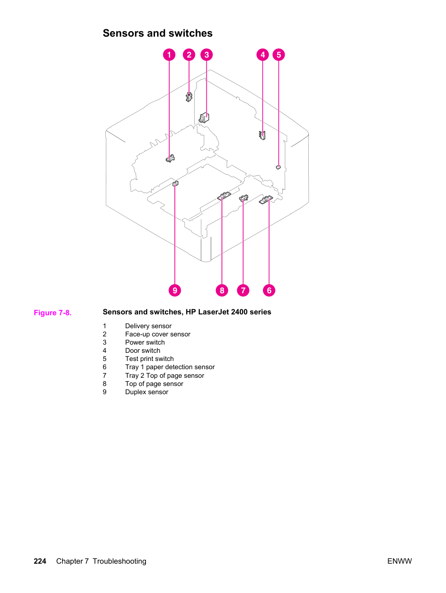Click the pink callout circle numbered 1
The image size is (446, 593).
pyautogui.click(x=169, y=55)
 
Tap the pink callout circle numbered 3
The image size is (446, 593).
pyautogui.click(x=207, y=55)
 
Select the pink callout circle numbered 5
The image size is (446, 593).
pyautogui.click(x=278, y=55)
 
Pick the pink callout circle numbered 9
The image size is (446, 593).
pyautogui.click(x=175, y=290)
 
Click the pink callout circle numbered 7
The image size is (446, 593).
pyautogui.click(x=243, y=290)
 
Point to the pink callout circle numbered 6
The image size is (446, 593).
pyautogui.click(x=269, y=290)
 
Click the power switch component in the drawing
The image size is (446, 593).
pyautogui.click(x=204, y=118)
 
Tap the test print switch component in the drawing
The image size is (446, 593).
pyautogui.click(x=278, y=167)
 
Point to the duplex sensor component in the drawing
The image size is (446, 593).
pyautogui.click(x=175, y=183)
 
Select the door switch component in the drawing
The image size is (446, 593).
pyautogui.click(x=262, y=135)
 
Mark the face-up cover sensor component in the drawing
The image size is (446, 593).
pyautogui.click(x=189, y=97)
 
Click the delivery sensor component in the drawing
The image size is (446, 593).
pyautogui.click(x=170, y=159)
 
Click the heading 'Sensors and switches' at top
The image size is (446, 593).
pyautogui.click(x=158, y=33)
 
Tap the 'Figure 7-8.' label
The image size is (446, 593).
pyautogui.click(x=53, y=313)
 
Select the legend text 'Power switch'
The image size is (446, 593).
pyautogui.click(x=145, y=342)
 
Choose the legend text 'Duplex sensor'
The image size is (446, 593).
pyautogui.click(x=147, y=392)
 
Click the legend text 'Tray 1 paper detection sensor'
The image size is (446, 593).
pyautogui.click(x=170, y=367)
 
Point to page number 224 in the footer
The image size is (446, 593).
pyautogui.click(x=40, y=561)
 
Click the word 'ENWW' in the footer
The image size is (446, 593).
pyautogui.click(x=399, y=561)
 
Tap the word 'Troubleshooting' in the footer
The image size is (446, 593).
pyautogui.click(x=120, y=562)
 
